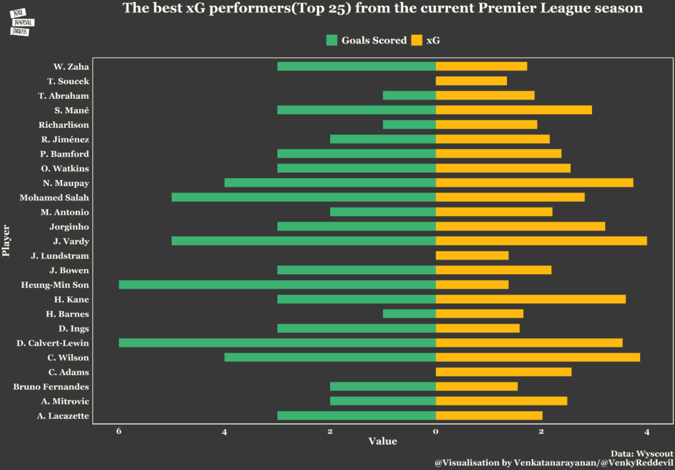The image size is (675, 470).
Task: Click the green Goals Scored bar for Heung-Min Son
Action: tap(277, 285)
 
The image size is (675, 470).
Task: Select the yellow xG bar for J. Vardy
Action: tap(541, 241)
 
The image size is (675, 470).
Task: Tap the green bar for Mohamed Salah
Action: tap(303, 197)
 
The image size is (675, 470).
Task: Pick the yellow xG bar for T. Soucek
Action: tap(471, 81)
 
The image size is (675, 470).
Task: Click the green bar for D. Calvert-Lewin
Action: tap(277, 343)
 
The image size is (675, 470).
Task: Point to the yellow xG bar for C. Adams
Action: tap(504, 372)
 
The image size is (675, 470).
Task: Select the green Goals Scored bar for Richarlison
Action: tap(409, 125)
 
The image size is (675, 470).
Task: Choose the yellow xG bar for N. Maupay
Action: tap(535, 183)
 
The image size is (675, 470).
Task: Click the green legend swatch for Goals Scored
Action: tap(332, 40)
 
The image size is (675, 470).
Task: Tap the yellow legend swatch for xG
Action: tap(416, 40)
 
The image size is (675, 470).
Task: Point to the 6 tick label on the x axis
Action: tap(119, 432)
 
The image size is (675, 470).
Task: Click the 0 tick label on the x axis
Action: tap(436, 432)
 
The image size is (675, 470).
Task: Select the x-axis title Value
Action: tap(382, 441)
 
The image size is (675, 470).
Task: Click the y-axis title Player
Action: tap(7, 241)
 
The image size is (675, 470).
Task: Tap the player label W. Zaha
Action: tap(71, 67)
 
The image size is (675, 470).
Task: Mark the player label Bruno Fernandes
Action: tap(51, 386)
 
